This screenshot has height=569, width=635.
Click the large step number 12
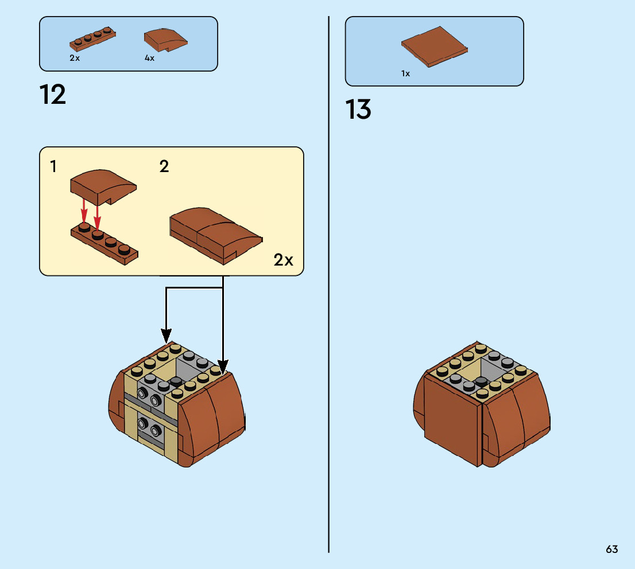[x=53, y=95]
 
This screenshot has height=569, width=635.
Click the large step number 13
[x=358, y=110]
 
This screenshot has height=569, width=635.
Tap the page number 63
[x=611, y=549]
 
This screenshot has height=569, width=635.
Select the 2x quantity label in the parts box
[x=75, y=58]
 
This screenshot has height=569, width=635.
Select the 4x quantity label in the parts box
[x=149, y=58]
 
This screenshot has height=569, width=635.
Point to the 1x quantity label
[x=405, y=73]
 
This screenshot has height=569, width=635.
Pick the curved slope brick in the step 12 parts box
[x=165, y=40]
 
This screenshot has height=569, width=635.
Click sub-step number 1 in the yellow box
[x=53, y=167]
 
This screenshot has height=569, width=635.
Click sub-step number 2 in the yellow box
[x=164, y=167]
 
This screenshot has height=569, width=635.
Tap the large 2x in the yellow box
[x=283, y=260]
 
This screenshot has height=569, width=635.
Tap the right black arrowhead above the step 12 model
[x=223, y=365]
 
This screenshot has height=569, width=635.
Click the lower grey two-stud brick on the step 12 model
[x=148, y=428]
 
